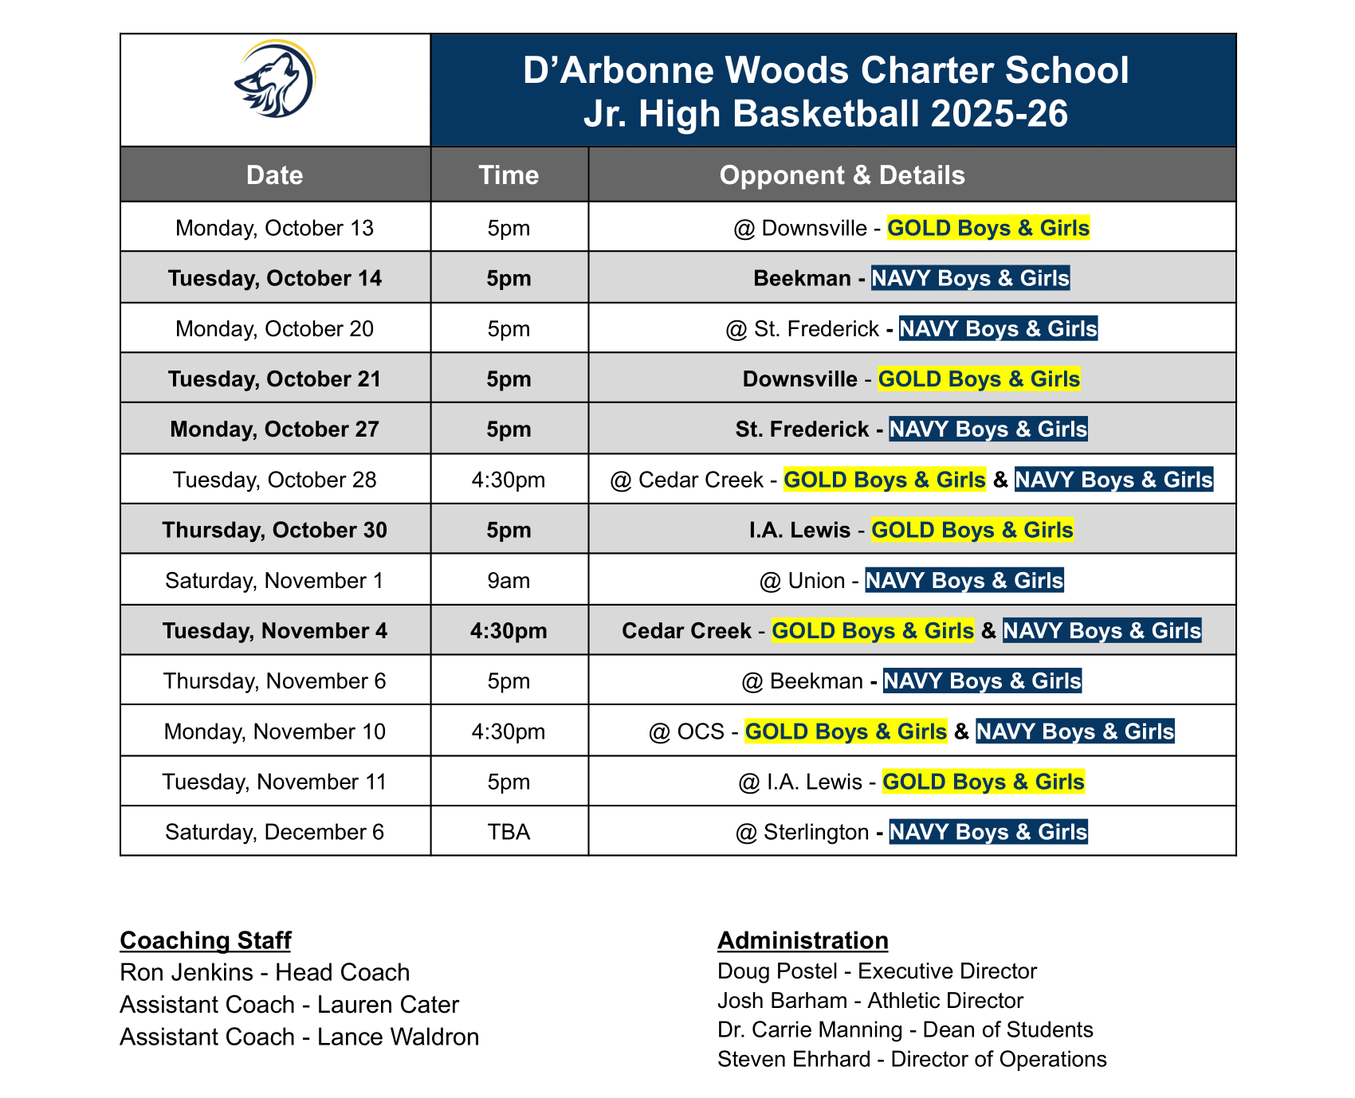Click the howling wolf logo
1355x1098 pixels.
[x=275, y=80]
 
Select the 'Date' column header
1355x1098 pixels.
[x=275, y=175]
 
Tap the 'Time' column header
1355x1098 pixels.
[x=509, y=175]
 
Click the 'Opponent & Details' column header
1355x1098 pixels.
[x=842, y=175]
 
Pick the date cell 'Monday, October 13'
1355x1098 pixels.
[x=275, y=229]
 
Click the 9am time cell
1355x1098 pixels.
[x=509, y=581]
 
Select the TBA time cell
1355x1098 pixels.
[x=509, y=832]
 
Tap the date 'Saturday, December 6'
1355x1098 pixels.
[x=275, y=832]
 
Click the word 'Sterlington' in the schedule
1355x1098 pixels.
[x=816, y=832]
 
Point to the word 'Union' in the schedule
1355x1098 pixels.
[x=816, y=581]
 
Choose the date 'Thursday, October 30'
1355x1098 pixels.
[x=275, y=531]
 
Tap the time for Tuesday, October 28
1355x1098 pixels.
[x=509, y=480]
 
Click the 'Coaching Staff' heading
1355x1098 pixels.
[x=206, y=941]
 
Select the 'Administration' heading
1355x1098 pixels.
[x=803, y=941]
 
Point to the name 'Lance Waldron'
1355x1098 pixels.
[x=399, y=1037]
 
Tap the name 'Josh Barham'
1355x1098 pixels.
[x=782, y=1001]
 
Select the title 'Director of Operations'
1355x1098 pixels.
[x=999, y=1060]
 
